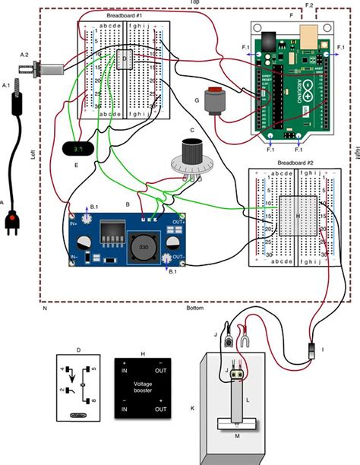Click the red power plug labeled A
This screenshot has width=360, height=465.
(x=13, y=222)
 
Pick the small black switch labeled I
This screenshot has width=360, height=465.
(x=312, y=350)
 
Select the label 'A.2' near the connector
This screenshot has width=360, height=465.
(x=25, y=55)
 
